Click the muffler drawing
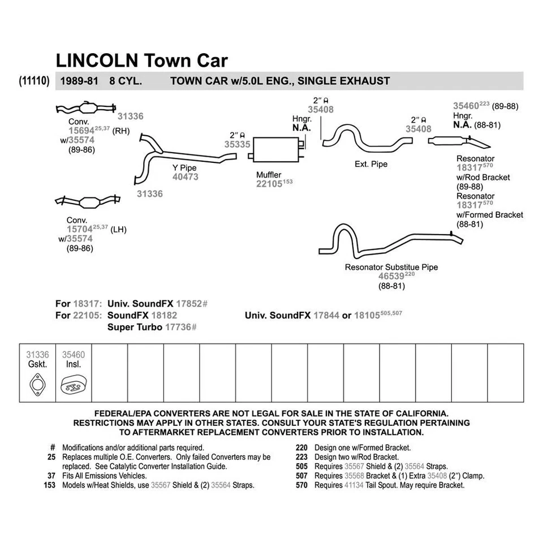277,149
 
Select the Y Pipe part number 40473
185,177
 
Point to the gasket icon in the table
37,383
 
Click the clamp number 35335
237,145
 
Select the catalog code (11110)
36,81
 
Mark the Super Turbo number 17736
180,327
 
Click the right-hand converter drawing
88,109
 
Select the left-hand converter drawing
88,202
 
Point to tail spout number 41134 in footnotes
354,485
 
